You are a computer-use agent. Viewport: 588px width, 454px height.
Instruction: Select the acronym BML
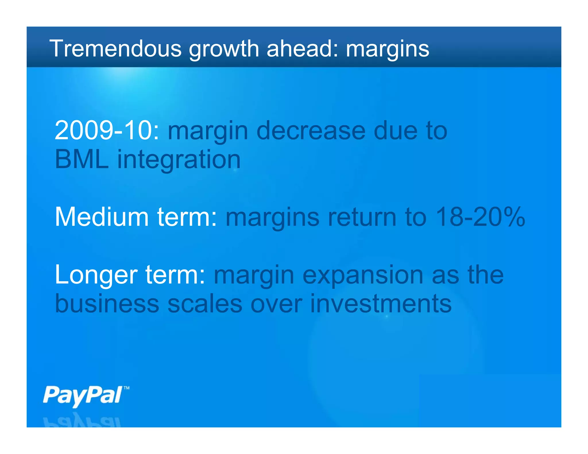(82, 159)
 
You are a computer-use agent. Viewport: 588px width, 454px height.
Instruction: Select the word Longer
(96, 275)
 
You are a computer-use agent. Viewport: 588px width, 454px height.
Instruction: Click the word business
(107, 304)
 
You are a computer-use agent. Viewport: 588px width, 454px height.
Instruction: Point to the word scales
(205, 304)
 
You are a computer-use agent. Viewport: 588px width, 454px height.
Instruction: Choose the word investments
(381, 304)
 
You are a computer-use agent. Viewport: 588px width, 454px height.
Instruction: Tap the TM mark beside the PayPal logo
(126, 388)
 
